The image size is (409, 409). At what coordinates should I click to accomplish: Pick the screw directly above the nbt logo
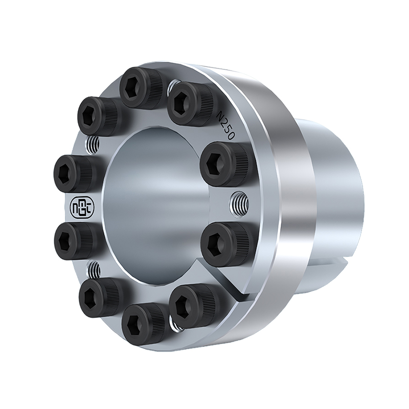[x=76, y=174]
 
